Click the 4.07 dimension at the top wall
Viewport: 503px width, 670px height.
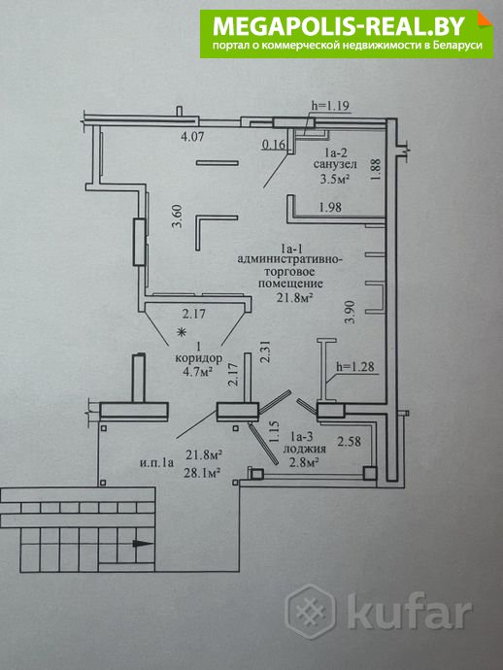tap(192, 137)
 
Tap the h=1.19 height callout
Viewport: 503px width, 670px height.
tap(329, 106)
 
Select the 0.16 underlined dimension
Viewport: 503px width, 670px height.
tap(274, 145)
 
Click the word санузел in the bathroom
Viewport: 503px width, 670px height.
tap(335, 164)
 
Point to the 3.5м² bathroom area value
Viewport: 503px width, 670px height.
tap(335, 179)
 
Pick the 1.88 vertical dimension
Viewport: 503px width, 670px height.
tap(376, 169)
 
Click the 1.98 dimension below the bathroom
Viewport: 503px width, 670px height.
tap(330, 207)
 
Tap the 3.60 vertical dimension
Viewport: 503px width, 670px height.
tap(178, 217)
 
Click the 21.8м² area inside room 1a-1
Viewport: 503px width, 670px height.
tap(294, 297)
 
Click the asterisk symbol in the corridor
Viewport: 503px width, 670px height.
tap(183, 331)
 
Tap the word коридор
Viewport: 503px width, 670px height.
tap(199, 358)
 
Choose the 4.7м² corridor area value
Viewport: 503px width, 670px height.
tap(198, 372)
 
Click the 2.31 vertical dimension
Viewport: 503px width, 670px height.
tap(266, 352)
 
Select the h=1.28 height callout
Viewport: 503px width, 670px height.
tap(355, 367)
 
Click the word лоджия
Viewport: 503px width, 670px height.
tap(305, 449)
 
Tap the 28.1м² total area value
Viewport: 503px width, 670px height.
tap(203, 472)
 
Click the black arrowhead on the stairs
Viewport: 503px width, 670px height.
tap(143, 544)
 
